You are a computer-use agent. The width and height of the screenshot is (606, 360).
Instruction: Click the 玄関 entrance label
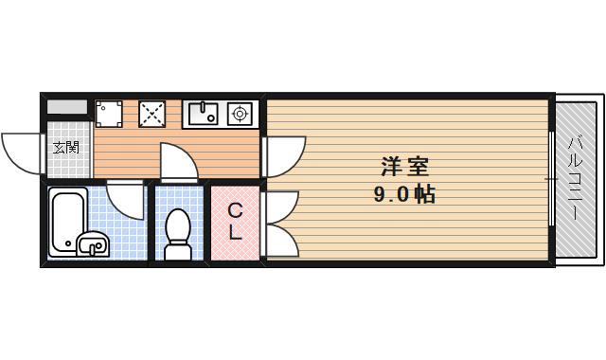pyautogui.click(x=65, y=148)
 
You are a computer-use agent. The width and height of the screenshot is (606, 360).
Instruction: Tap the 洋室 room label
pyautogui.click(x=405, y=169)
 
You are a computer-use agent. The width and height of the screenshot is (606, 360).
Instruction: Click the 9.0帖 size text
pyautogui.click(x=404, y=196)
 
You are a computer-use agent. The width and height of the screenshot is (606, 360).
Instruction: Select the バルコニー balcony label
pyautogui.click(x=575, y=180)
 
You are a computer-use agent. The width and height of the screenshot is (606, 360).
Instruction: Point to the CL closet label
pyautogui.click(x=236, y=222)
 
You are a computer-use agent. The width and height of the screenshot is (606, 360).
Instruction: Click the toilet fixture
pyautogui.click(x=177, y=233)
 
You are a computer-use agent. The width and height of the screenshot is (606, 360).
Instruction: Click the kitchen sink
pyautogui.click(x=203, y=114)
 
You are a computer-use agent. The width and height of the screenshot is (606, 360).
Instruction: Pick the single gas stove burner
pyautogui.click(x=240, y=114)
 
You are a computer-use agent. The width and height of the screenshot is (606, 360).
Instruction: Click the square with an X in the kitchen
pyautogui.click(x=152, y=114)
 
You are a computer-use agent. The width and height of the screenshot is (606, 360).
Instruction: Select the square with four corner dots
pyautogui.click(x=108, y=114)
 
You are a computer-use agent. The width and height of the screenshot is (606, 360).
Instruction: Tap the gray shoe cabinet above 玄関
pyautogui.click(x=66, y=107)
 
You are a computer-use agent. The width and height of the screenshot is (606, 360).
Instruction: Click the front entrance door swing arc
pyautogui.click(x=21, y=153)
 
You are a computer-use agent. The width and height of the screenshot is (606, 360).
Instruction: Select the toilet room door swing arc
pyautogui.click(x=179, y=160)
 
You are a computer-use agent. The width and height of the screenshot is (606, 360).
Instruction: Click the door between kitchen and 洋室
pyautogui.click(x=284, y=156)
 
